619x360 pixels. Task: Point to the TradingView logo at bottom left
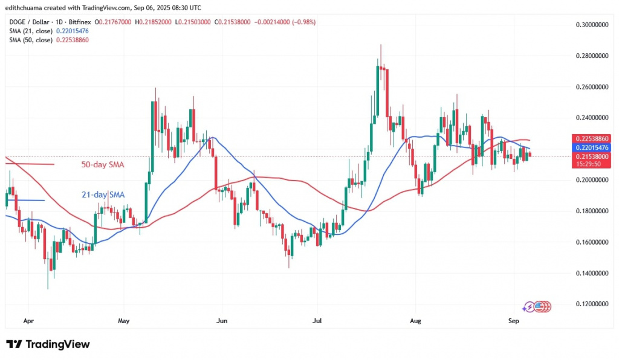pyautogui.click(x=48, y=344)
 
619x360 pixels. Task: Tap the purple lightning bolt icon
pyautogui.click(x=529, y=307)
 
